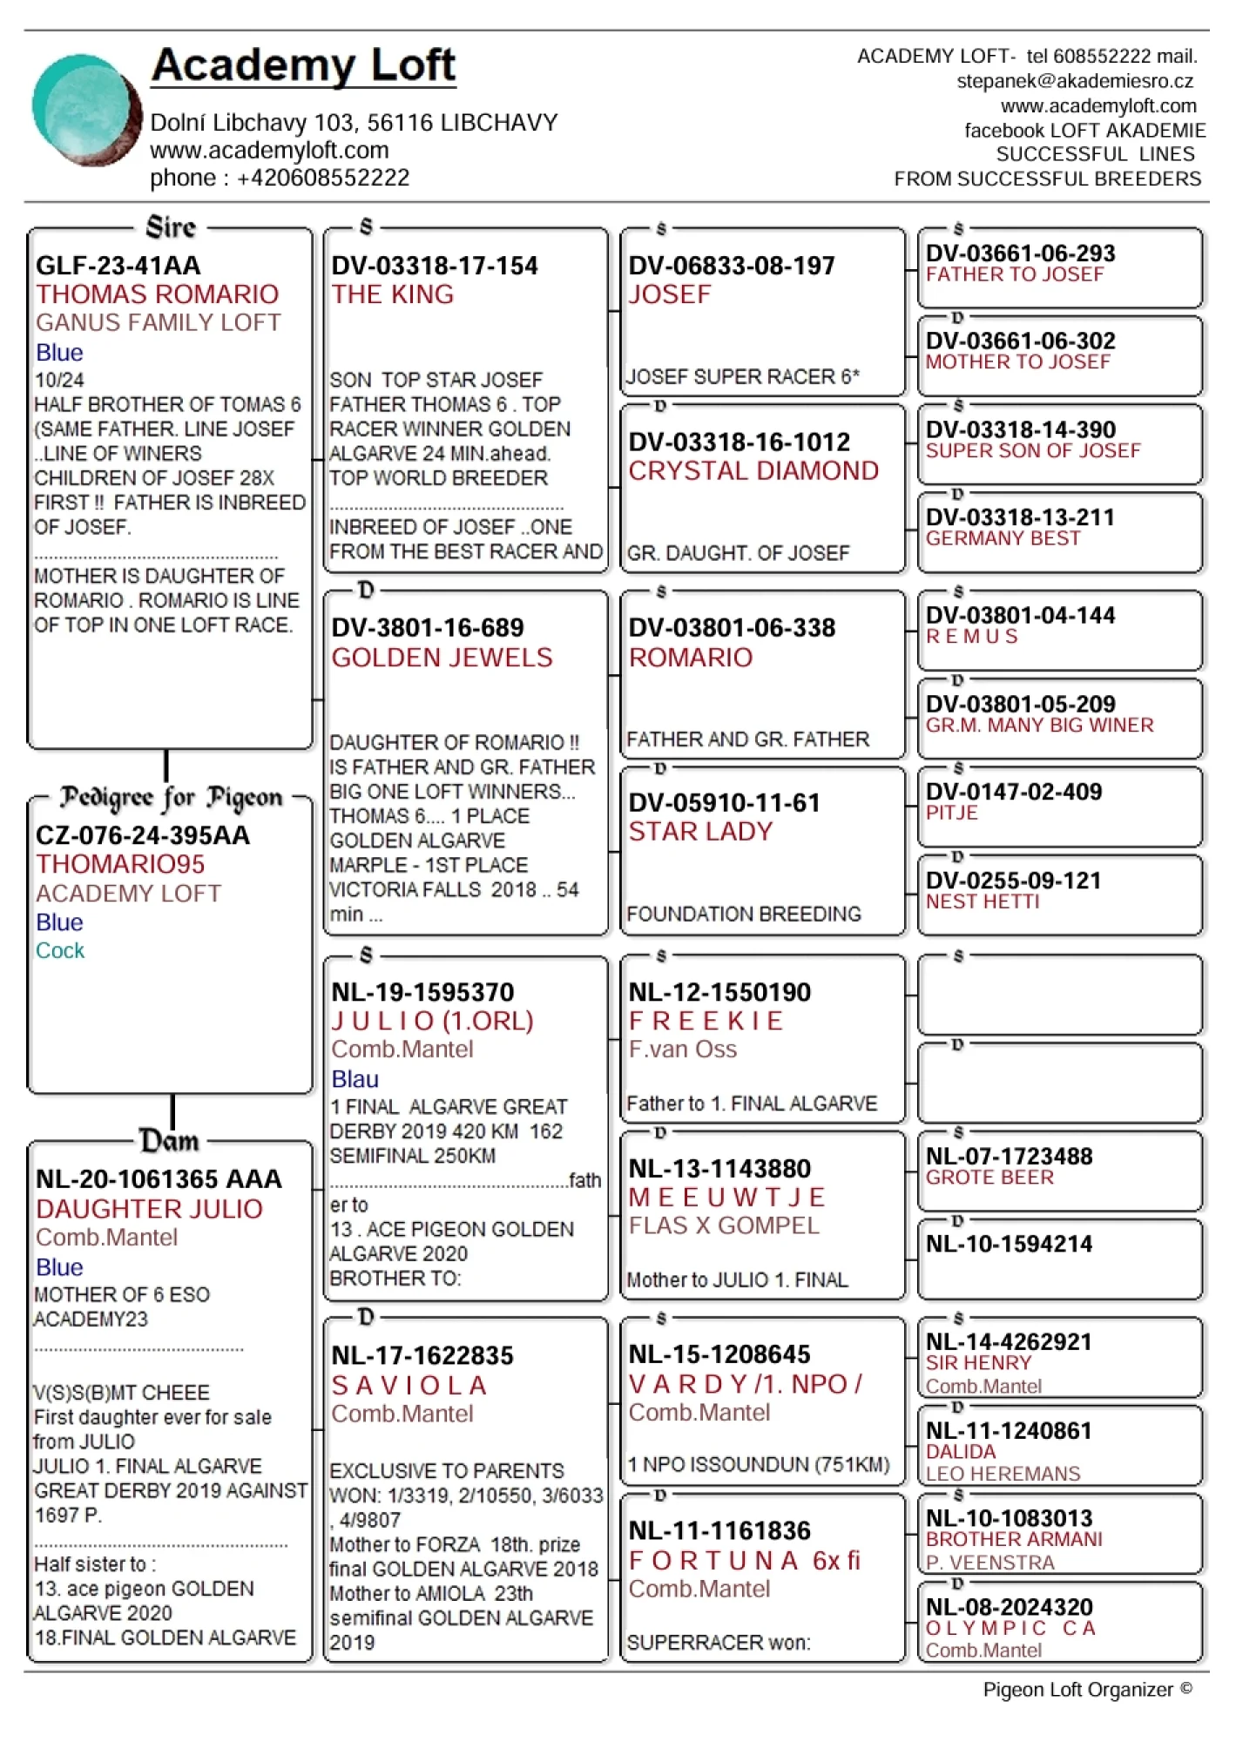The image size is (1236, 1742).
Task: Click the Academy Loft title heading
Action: tap(303, 64)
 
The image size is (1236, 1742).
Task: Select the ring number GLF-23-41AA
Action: tap(118, 265)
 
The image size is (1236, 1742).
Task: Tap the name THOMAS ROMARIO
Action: tap(157, 294)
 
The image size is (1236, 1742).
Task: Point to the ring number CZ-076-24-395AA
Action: tap(142, 835)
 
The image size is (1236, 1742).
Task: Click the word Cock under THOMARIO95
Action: tap(60, 950)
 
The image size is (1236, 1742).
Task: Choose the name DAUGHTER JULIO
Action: tap(149, 1209)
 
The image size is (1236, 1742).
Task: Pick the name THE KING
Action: tap(392, 294)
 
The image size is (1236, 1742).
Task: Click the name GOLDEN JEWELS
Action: tap(442, 658)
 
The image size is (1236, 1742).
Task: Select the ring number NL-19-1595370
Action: tap(422, 992)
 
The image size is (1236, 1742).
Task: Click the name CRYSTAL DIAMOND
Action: tap(753, 471)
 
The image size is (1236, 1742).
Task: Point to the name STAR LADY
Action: tap(700, 832)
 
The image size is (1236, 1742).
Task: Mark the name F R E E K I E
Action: tap(706, 1021)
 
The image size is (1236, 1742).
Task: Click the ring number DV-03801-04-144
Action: tap(1020, 616)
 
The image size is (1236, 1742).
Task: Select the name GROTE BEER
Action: tap(989, 1178)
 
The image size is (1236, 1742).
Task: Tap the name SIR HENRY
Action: tap(978, 1363)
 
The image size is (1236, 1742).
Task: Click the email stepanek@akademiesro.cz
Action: tap(1074, 81)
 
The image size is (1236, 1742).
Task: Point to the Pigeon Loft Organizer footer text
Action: tap(1087, 1690)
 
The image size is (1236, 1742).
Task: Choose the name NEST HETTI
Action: tap(983, 901)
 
